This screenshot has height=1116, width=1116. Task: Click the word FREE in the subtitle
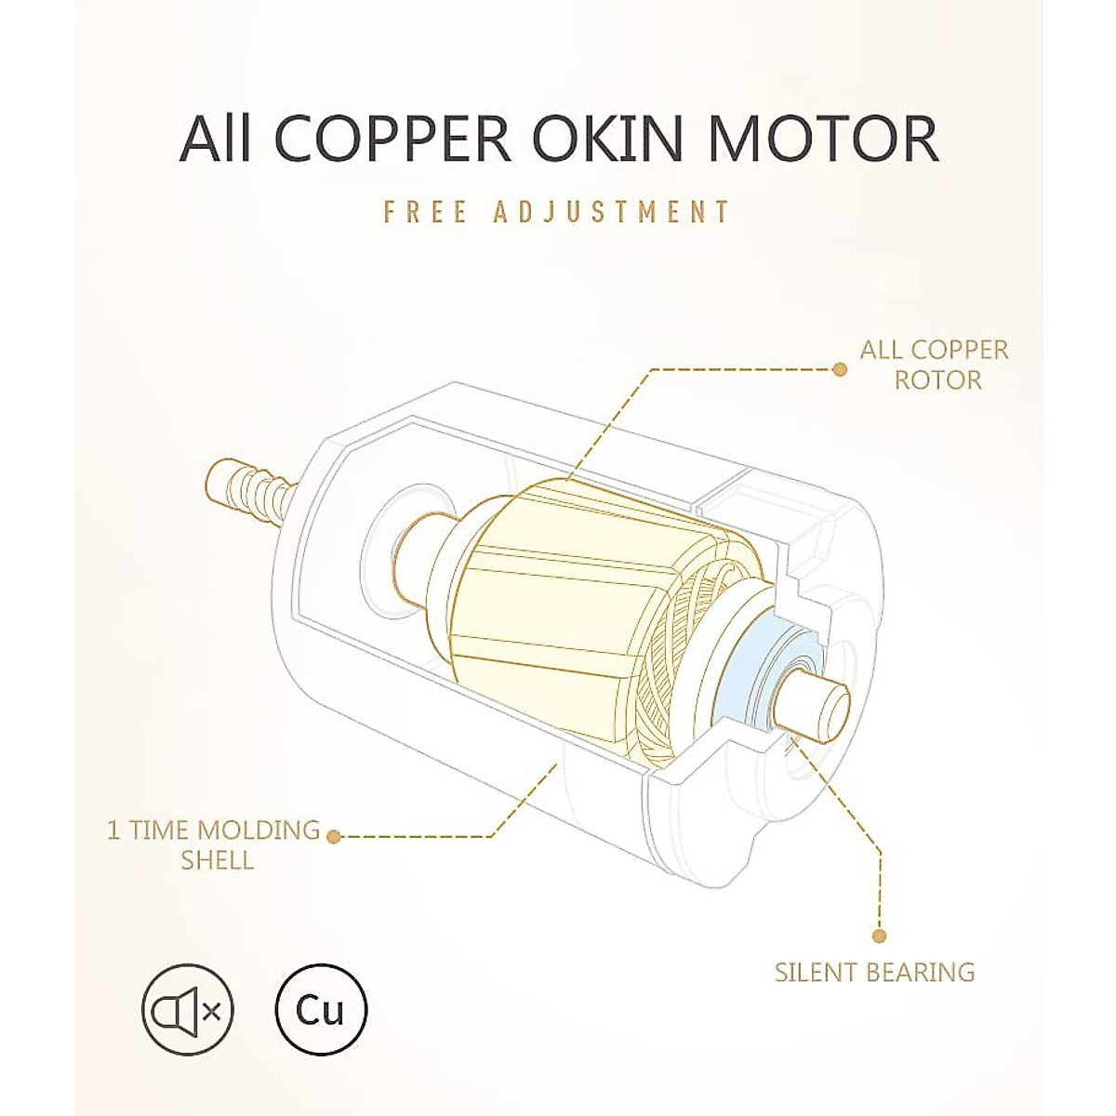tap(425, 211)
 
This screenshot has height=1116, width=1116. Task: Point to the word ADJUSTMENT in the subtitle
tap(612, 211)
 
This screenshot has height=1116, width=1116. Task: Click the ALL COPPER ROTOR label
tap(934, 365)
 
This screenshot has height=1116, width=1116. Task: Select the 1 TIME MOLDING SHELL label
tap(214, 844)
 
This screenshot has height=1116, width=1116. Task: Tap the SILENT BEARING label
tap(875, 973)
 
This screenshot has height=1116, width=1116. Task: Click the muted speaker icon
tap(188, 1009)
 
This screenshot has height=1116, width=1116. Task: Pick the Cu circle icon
tap(322, 1009)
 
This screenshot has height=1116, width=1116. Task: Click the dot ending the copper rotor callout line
tap(840, 369)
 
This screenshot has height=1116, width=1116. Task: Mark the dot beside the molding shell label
tap(336, 836)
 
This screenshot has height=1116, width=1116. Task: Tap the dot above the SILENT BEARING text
tap(880, 937)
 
